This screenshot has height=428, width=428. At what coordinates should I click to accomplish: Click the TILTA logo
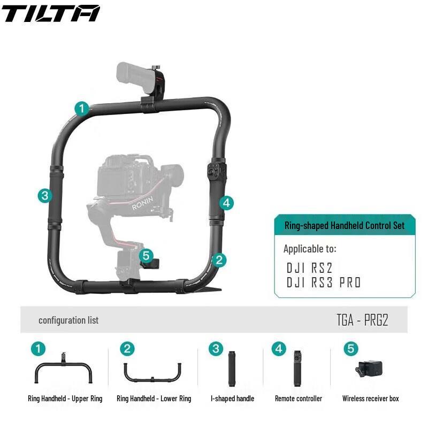pos(51,13)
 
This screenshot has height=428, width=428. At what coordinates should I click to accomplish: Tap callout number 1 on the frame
pos(81,109)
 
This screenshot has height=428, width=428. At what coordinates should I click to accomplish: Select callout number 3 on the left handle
pos(45,195)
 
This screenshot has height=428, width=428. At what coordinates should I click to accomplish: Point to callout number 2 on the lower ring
pos(218,261)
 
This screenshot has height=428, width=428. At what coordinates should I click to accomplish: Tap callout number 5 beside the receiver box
pos(148,256)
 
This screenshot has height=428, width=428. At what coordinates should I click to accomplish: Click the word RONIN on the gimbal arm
pos(142,203)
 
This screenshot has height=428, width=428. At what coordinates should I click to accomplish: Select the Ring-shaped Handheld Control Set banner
pos(344,225)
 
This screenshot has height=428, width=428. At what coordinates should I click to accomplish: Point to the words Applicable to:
pos(310,249)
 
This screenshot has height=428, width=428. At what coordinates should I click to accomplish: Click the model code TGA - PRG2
pos(362,320)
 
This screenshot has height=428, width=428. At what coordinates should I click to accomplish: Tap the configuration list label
pos(68,320)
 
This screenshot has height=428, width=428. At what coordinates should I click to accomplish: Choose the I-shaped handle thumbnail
pos(232,368)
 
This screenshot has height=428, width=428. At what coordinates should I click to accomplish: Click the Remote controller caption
pos(299,399)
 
